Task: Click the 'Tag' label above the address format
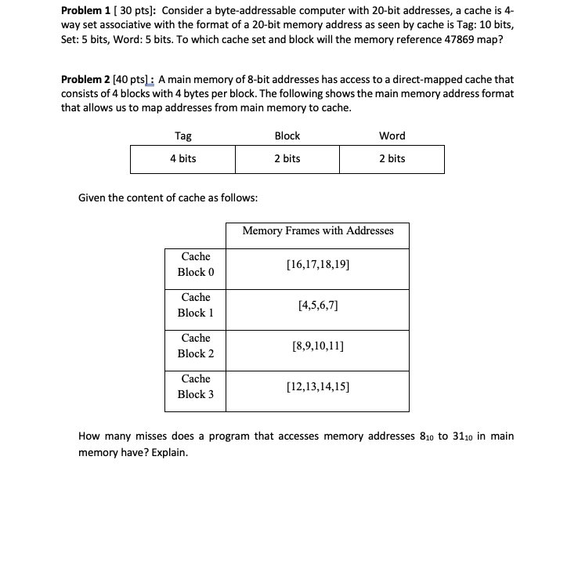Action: (x=182, y=136)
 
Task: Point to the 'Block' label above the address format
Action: (x=287, y=136)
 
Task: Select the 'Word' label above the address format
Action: (x=392, y=136)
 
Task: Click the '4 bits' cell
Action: (x=182, y=159)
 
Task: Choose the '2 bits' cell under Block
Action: (x=287, y=159)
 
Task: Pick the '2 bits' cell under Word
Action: (x=392, y=159)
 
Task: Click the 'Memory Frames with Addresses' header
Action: (x=318, y=231)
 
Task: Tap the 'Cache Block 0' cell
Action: (x=195, y=264)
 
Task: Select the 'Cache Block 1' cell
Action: (x=195, y=305)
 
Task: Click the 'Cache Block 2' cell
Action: (x=195, y=346)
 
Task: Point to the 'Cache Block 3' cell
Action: (x=195, y=386)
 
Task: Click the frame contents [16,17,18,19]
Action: (x=318, y=265)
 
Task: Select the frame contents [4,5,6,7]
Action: (x=318, y=305)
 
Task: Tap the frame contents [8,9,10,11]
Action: (x=318, y=346)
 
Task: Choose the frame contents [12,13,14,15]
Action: (x=318, y=386)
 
